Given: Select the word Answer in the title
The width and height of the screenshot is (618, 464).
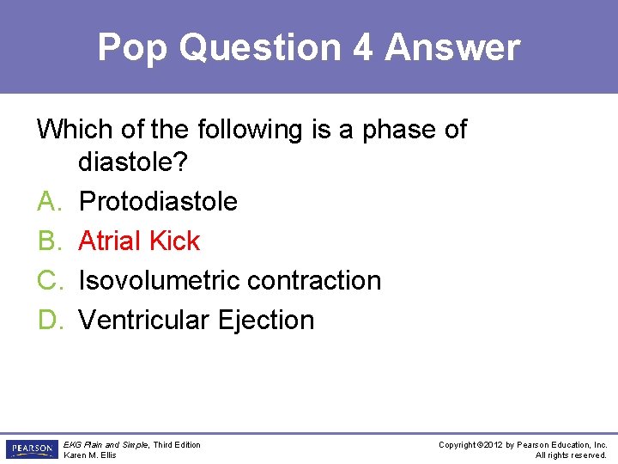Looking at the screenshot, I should tap(452, 48).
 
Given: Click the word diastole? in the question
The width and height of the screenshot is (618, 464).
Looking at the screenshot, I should tap(143, 162).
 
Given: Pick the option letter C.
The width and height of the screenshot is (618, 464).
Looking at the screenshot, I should tap(47, 280).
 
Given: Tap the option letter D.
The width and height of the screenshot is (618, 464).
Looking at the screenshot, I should tap(47, 320).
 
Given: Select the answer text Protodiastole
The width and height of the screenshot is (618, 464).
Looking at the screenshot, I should tap(158, 201).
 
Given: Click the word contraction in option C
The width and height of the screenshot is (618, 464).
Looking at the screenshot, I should tap(311, 280).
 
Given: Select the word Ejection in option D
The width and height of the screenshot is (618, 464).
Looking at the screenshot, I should tap(266, 320).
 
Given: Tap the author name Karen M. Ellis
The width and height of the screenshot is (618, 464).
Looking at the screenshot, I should tap(90, 455).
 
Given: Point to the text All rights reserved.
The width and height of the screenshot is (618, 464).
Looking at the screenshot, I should tap(571, 455).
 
